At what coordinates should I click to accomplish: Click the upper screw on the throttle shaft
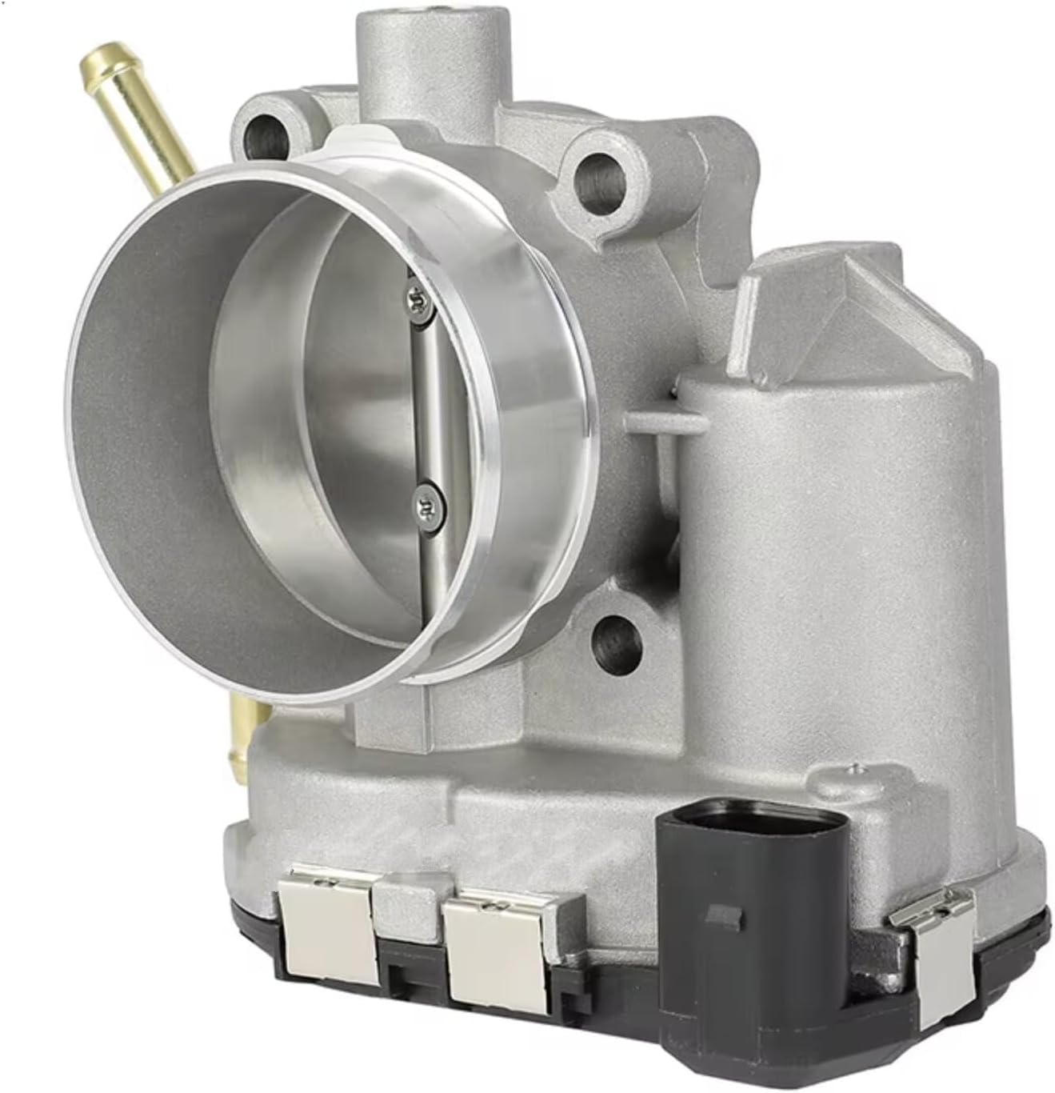418,301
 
